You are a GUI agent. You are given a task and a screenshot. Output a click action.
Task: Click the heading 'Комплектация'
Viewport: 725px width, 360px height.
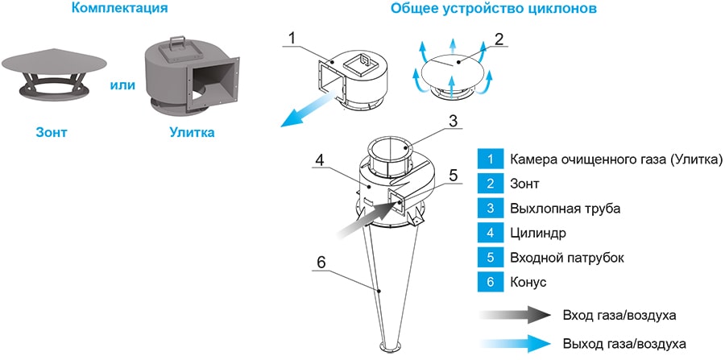tap(120, 10)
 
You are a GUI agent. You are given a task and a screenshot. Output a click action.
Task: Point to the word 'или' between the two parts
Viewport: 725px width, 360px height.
tap(121, 85)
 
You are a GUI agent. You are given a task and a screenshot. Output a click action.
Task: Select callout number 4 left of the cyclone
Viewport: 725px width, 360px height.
tap(320, 160)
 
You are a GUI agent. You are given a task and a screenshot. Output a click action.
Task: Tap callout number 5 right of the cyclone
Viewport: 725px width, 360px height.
tap(453, 174)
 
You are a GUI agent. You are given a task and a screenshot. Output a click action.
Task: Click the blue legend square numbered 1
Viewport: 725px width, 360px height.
tap(489, 159)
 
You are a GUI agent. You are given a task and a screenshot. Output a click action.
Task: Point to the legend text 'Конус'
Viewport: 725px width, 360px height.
tap(528, 283)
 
